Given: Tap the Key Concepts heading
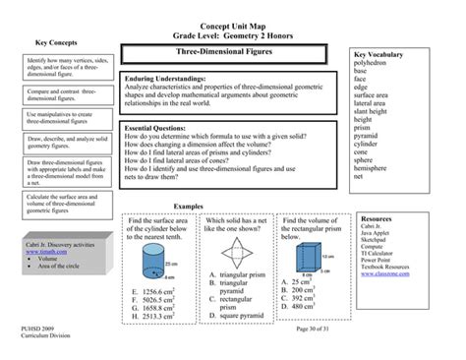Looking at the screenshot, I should pyautogui.click(x=56, y=43).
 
